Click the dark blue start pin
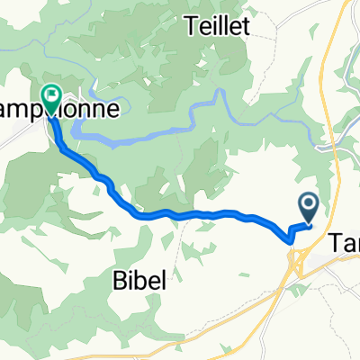click(308, 208)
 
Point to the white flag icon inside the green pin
click(50, 93)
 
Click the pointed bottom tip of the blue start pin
click(308, 223)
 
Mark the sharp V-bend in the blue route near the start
click(289, 240)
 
